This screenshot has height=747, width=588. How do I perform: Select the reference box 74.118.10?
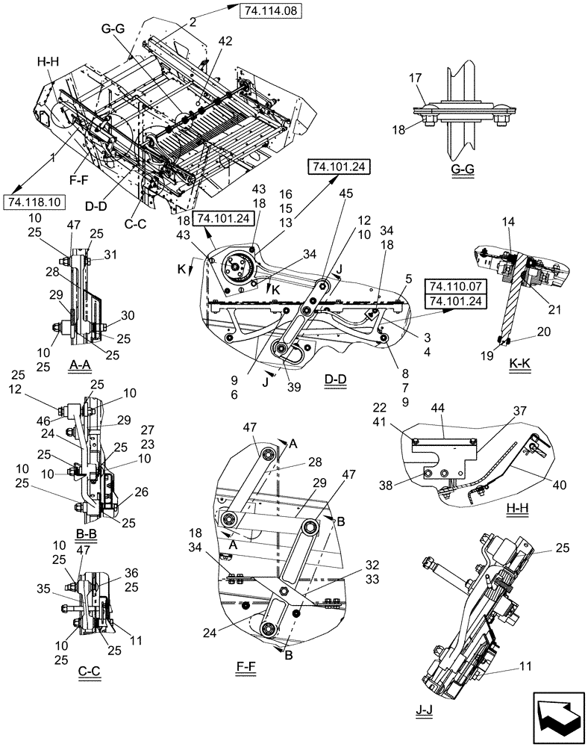(34, 202)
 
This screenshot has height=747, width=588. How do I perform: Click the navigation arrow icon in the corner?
(557, 716)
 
